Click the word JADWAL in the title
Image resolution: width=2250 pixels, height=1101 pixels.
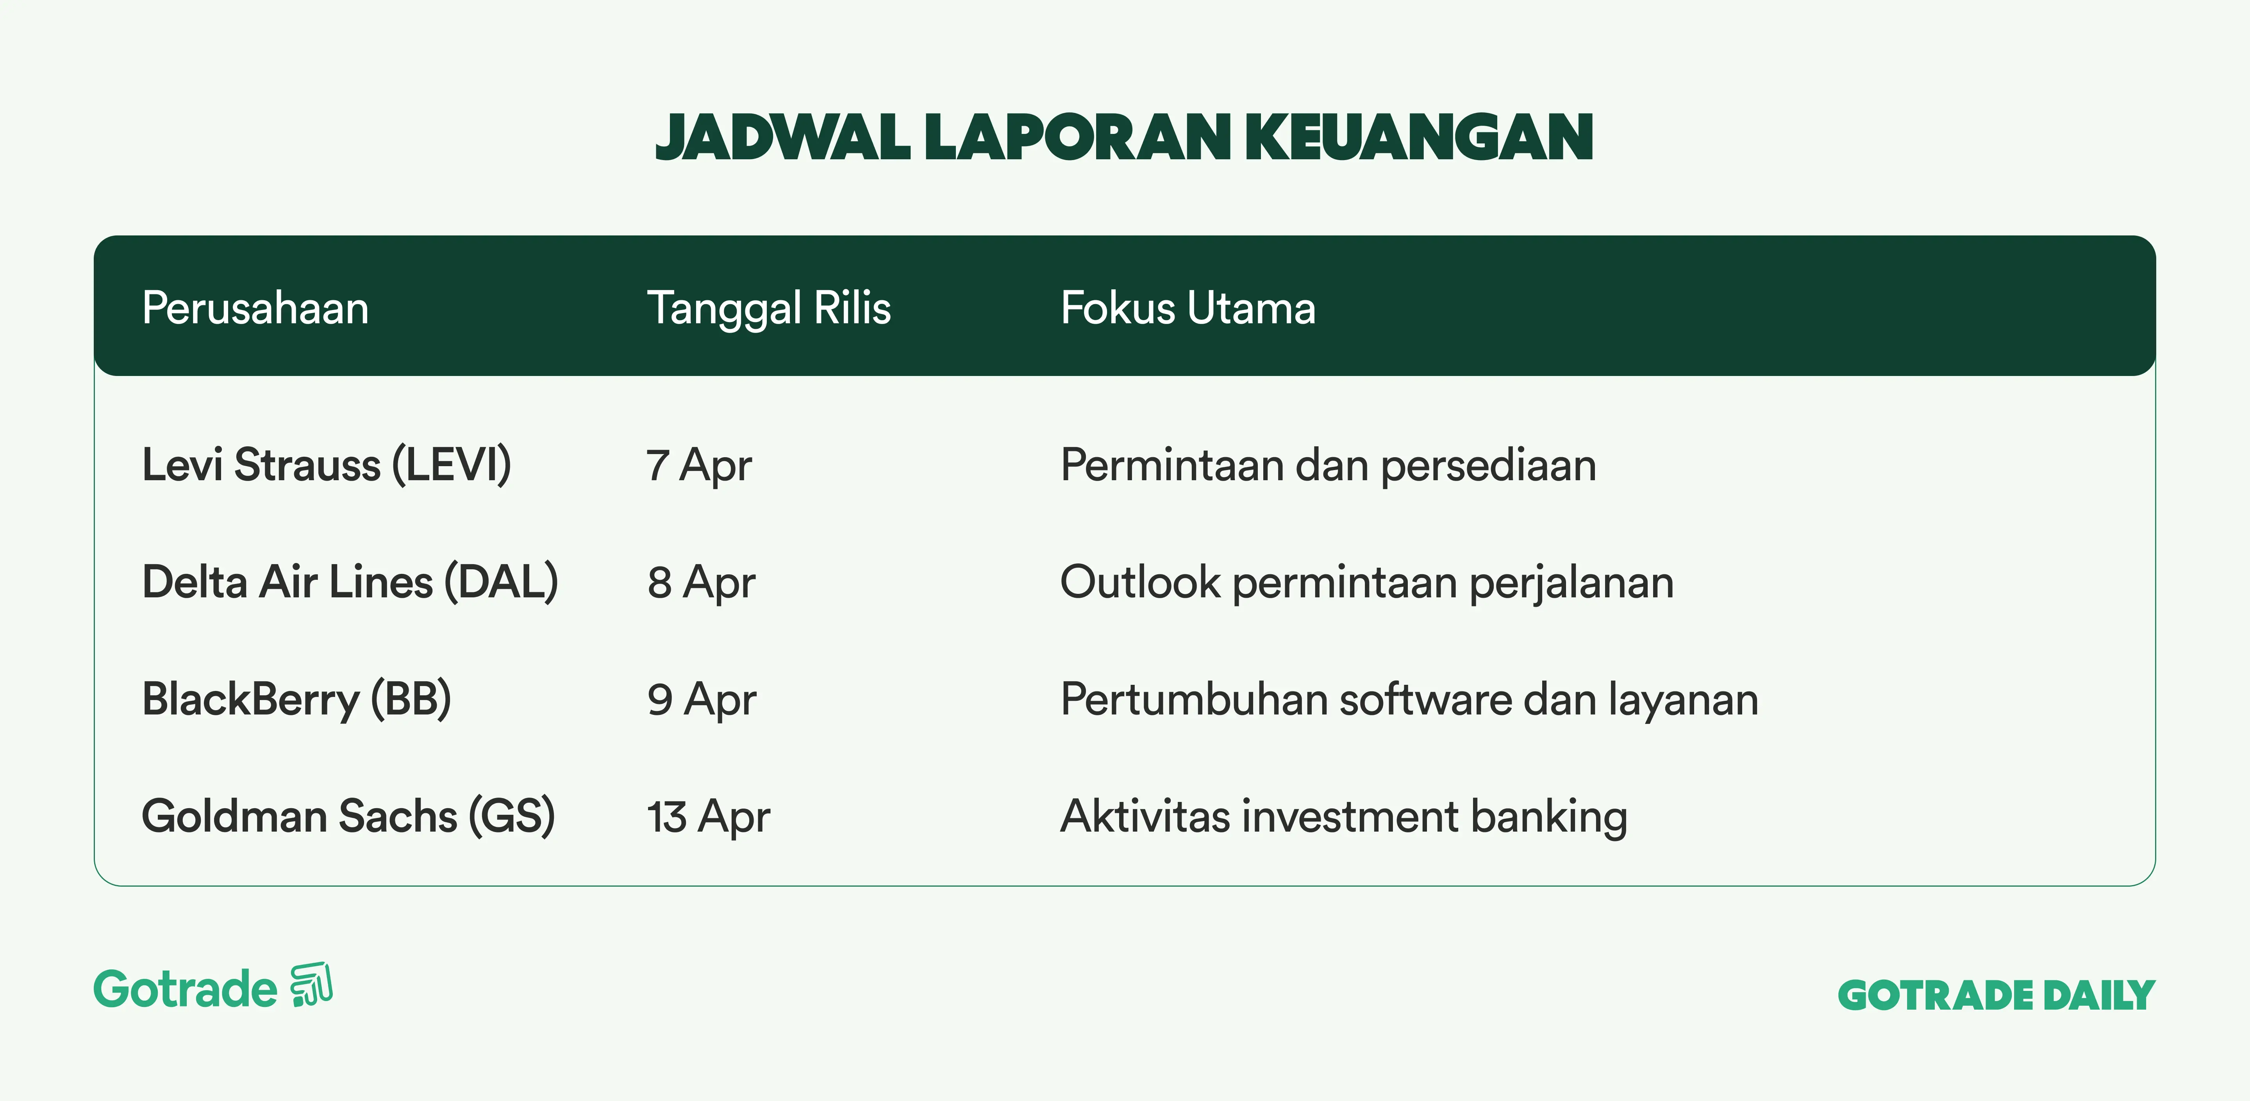(x=784, y=137)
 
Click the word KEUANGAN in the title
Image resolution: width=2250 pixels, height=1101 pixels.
(x=1420, y=137)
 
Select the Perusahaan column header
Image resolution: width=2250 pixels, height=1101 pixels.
(x=255, y=308)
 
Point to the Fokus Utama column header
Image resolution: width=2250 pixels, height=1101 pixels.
(x=1188, y=308)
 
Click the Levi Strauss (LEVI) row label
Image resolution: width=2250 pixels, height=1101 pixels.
(x=327, y=465)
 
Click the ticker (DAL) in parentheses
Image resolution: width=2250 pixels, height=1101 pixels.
(x=501, y=581)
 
